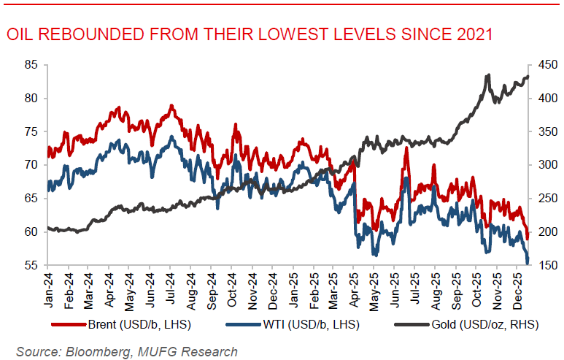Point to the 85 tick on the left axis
pyautogui.click(x=31, y=65)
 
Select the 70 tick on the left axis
pyautogui.click(x=31, y=165)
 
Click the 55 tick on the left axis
pyautogui.click(x=31, y=265)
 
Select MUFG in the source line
pyautogui.click(x=164, y=351)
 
